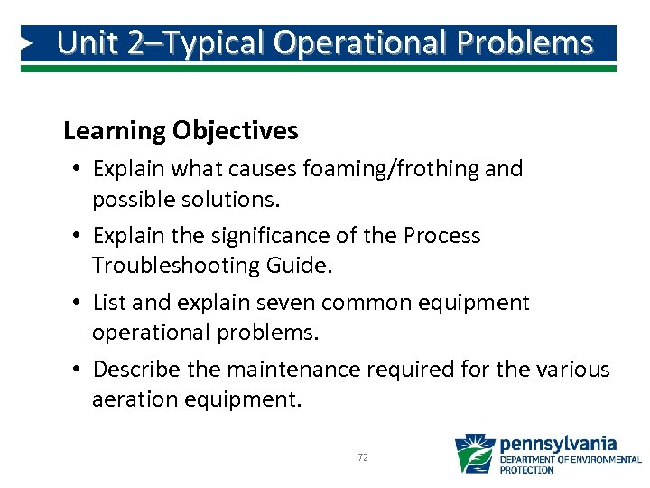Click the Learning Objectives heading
(181, 131)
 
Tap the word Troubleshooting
(187, 265)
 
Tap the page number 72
(363, 458)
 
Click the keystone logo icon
(474, 454)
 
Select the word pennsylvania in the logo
(558, 444)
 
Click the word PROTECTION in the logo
(527, 470)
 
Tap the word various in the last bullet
(577, 370)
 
